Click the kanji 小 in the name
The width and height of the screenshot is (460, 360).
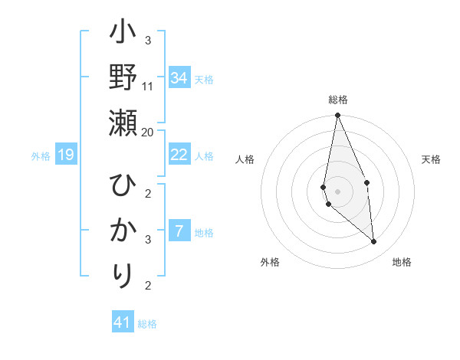coord(123,35)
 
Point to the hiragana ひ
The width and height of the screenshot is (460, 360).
coord(123,186)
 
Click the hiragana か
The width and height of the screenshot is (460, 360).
coord(123,230)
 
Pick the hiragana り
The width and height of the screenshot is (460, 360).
coord(123,273)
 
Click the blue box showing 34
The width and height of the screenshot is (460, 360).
coord(179,77)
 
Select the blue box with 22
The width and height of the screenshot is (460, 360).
coord(179,154)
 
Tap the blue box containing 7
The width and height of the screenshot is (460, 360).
coord(179,231)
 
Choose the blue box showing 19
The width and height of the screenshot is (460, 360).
coord(65,155)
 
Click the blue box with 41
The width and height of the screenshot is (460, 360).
coord(123,322)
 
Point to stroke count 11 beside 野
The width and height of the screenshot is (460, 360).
coord(148,86)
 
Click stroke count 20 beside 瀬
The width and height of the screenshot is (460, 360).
coord(148,131)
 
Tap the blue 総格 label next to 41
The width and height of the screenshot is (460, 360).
coord(147,324)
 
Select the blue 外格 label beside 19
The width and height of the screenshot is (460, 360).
coord(41,156)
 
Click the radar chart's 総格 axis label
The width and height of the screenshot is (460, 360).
coord(337,100)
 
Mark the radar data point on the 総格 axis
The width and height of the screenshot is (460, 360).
coord(337,116)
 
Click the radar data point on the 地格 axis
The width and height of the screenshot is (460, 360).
coord(374,242)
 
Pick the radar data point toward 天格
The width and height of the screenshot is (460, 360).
coord(366,182)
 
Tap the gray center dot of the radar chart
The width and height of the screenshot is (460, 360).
coord(337,191)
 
